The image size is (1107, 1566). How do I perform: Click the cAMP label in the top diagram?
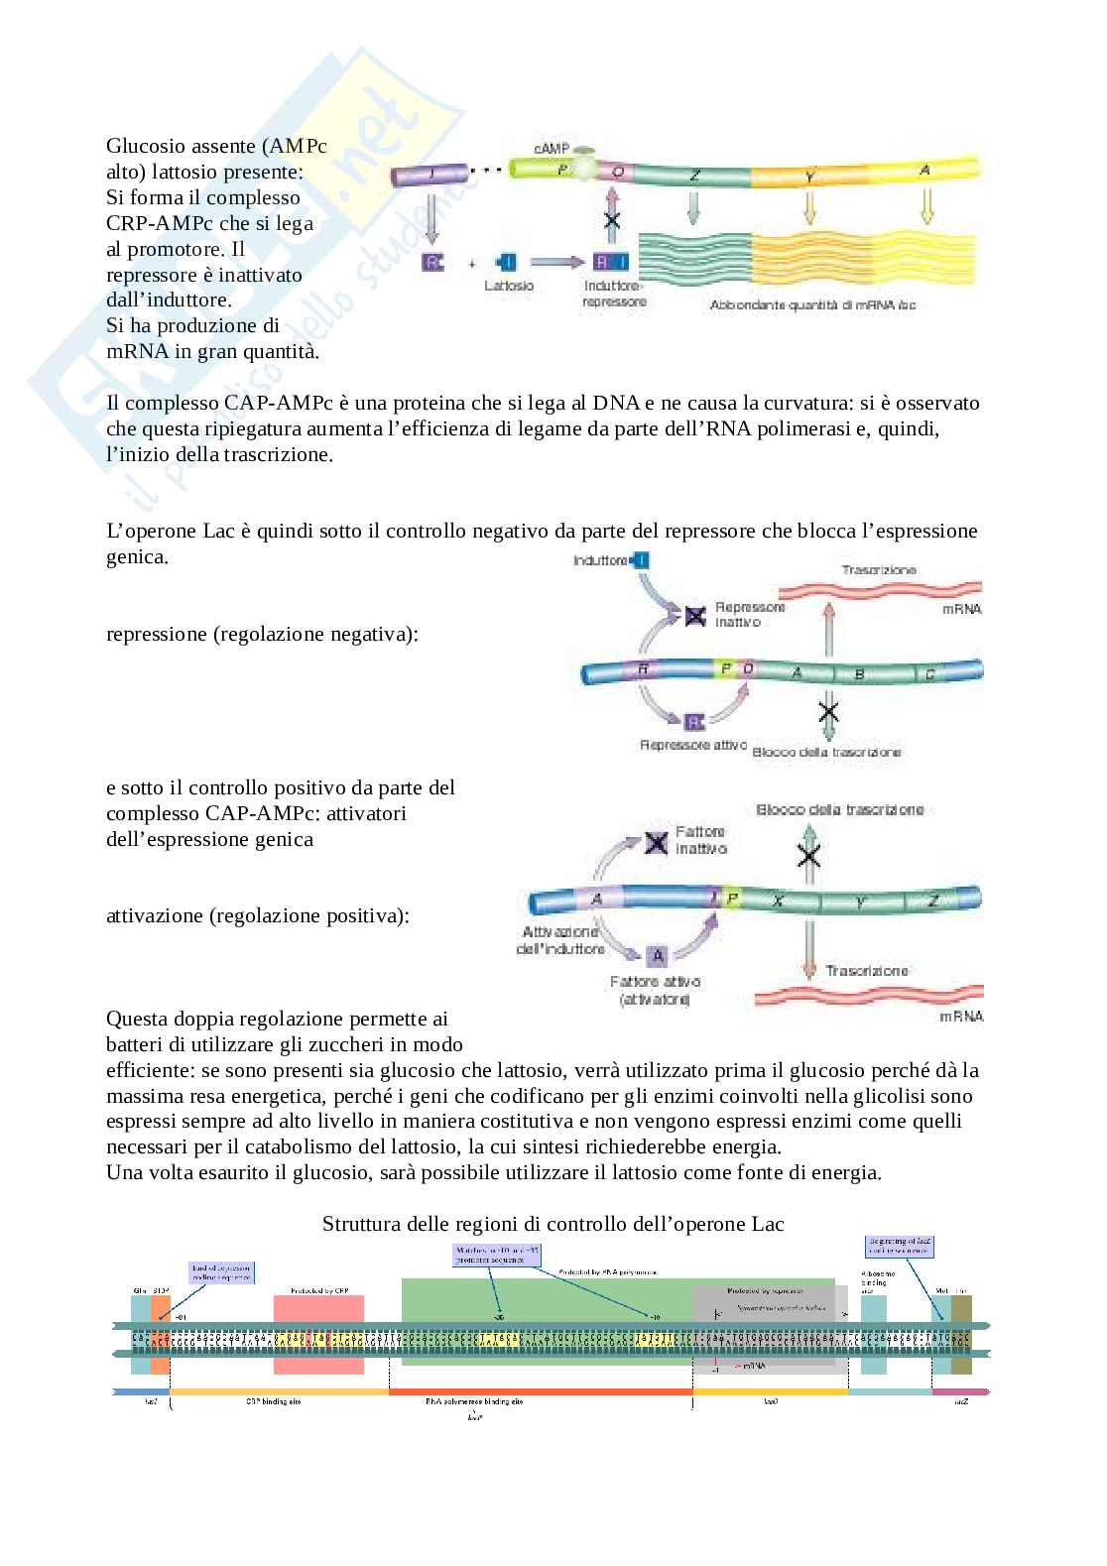(552, 148)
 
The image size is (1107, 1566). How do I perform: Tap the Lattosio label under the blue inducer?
(509, 286)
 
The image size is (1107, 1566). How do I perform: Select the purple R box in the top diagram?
(432, 262)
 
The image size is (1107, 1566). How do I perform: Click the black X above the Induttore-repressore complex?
(612, 220)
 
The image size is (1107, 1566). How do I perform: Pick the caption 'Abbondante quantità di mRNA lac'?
(812, 305)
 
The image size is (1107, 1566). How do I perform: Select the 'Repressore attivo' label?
(692, 745)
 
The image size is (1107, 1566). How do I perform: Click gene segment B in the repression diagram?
(859, 674)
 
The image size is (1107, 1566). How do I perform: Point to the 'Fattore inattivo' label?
(701, 840)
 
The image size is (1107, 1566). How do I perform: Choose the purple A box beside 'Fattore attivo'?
(657, 955)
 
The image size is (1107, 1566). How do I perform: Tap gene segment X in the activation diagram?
(778, 901)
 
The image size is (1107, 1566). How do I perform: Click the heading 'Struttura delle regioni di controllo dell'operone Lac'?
(553, 1224)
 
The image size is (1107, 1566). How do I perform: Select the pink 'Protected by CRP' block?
(319, 1334)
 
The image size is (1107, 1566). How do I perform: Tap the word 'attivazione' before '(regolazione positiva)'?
(155, 915)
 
